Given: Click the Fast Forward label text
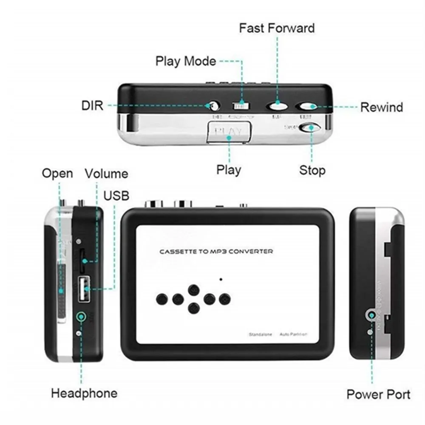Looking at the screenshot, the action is click(277, 28).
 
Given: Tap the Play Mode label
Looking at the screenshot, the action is click(186, 61).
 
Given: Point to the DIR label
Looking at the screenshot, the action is click(92, 105).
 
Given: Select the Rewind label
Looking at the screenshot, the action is click(382, 107).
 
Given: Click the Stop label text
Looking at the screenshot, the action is click(312, 170).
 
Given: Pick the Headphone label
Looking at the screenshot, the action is click(84, 393).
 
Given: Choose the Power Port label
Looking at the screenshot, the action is click(379, 394).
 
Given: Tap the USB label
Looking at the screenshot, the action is click(116, 195).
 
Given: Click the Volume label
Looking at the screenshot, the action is click(106, 173).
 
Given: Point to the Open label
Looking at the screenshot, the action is click(57, 173).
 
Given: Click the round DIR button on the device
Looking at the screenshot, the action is click(214, 105).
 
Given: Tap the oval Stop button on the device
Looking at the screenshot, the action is click(309, 127).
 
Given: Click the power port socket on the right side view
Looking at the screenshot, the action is click(372, 315).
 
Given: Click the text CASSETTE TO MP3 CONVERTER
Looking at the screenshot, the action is click(216, 252).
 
